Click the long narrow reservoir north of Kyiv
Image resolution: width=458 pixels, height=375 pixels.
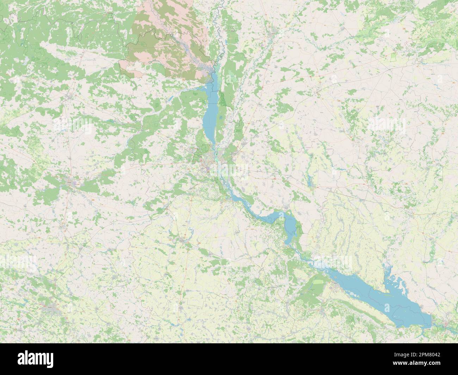click(209, 113)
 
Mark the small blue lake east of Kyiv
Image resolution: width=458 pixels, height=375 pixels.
click(310, 181)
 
